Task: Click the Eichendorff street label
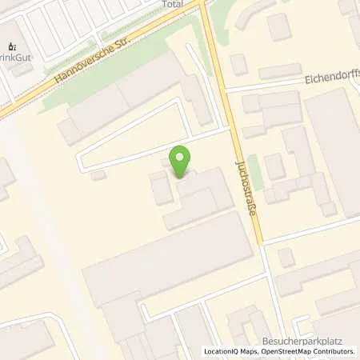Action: point(331,81)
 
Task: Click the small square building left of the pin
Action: point(161,189)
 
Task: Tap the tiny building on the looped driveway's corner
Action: point(98,174)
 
